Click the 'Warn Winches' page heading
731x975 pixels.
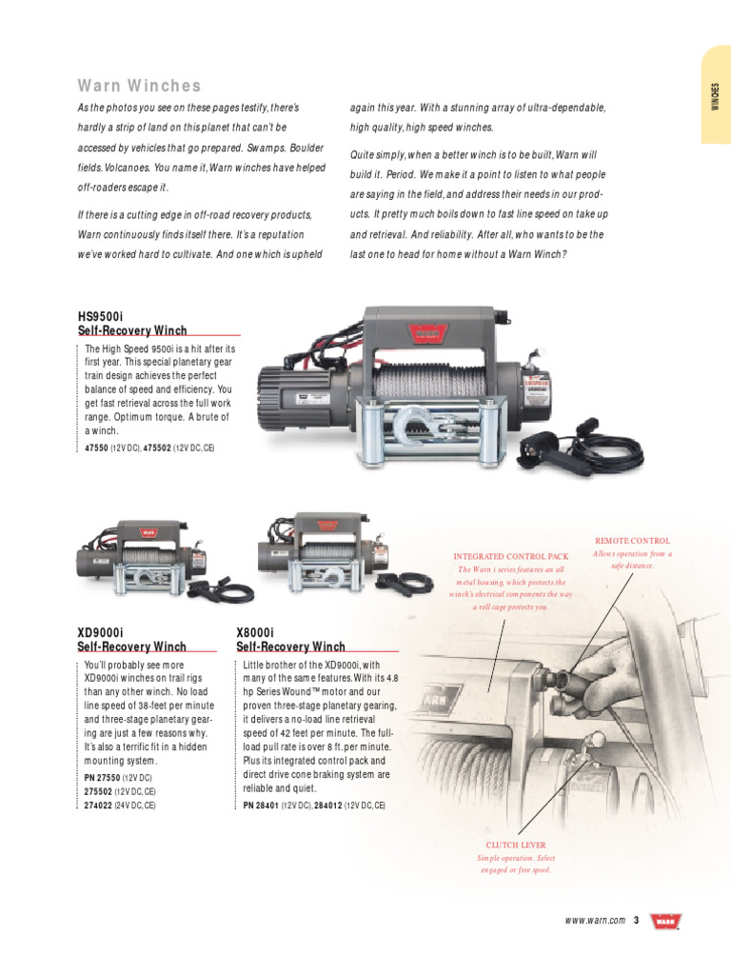[x=139, y=87]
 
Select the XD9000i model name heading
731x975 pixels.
[x=100, y=632]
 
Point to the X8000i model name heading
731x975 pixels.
[x=255, y=632]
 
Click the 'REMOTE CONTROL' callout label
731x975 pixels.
[x=632, y=541]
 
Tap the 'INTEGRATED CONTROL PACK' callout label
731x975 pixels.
[x=510, y=556]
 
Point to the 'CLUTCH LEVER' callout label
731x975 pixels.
[x=516, y=845]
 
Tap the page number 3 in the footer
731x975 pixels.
[x=636, y=921]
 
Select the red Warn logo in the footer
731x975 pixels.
[x=664, y=921]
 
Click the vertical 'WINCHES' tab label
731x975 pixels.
[x=716, y=96]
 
